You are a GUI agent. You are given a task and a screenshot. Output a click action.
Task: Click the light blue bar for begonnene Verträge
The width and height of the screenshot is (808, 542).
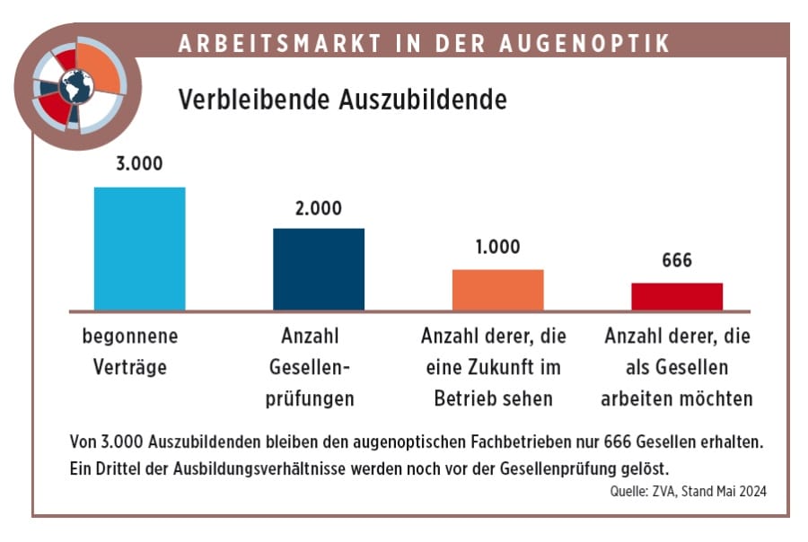(139, 249)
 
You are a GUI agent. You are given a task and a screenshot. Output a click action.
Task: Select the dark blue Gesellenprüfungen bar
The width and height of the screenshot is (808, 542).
(318, 269)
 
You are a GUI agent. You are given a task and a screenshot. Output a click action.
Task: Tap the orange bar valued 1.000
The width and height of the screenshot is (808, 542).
(497, 290)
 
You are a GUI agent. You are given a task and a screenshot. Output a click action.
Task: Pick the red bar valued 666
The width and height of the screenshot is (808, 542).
(677, 297)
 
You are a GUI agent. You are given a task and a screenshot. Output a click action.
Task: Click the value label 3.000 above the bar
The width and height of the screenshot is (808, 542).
(139, 165)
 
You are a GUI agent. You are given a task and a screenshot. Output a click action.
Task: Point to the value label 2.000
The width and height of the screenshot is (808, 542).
(318, 208)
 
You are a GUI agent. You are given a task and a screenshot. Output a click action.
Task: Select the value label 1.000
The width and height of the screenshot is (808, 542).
(496, 248)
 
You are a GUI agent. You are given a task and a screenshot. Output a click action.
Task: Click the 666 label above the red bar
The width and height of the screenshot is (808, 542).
(677, 261)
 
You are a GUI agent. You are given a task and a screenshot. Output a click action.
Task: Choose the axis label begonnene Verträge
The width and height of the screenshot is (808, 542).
(130, 353)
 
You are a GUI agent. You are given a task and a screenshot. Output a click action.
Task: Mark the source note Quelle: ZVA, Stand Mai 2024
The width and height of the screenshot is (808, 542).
(686, 491)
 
